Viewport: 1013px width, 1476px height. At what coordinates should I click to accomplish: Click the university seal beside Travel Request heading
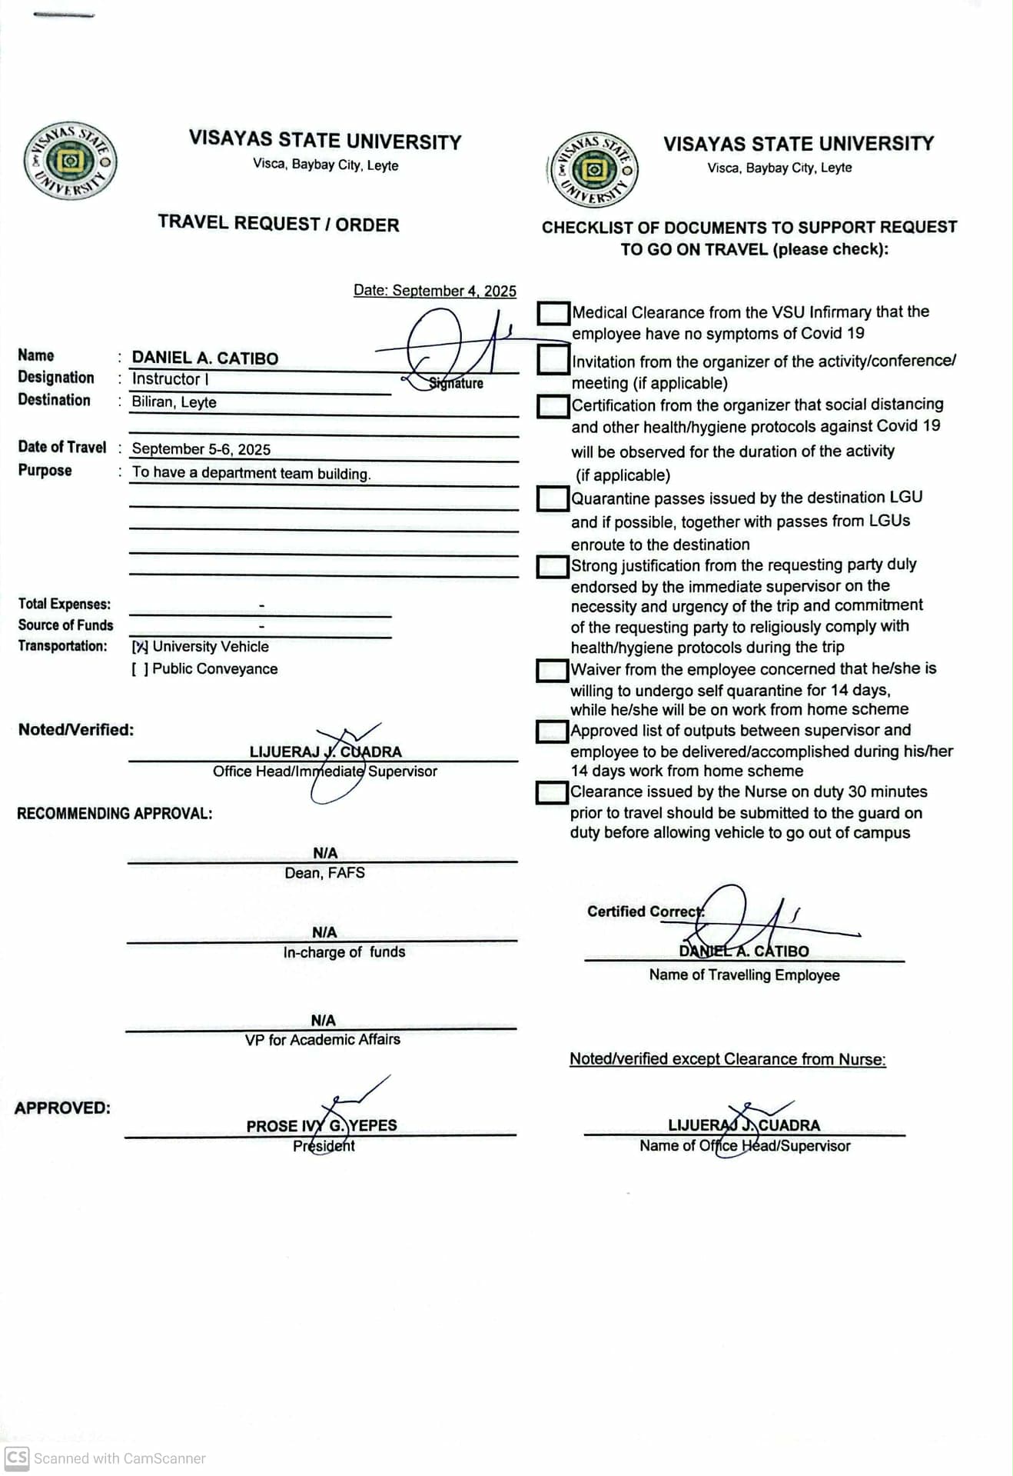70,161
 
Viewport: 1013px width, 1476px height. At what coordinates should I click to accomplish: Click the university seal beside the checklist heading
593,170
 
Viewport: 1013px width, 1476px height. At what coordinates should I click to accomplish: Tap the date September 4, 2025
435,291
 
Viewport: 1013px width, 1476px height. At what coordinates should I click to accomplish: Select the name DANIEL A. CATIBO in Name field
205,358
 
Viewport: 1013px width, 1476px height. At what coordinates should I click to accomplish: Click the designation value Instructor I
170,379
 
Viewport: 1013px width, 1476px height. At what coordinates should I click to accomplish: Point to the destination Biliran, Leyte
174,402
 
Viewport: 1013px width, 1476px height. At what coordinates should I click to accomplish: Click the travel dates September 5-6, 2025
201,449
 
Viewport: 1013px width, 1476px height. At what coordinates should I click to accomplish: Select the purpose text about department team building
251,474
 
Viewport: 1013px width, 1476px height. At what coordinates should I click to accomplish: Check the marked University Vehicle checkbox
140,647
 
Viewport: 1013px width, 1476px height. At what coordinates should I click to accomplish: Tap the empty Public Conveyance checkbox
140,669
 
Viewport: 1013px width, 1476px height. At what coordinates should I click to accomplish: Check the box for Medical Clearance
553,313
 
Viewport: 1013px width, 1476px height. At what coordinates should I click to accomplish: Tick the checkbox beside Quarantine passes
552,498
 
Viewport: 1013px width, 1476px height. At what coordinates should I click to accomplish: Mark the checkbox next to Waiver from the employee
551,670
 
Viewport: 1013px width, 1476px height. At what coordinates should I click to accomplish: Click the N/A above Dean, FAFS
325,853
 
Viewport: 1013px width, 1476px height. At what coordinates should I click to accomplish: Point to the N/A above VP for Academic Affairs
323,1021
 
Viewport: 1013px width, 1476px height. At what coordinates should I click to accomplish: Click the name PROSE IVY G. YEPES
321,1125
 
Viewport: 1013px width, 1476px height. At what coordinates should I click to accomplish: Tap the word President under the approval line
324,1146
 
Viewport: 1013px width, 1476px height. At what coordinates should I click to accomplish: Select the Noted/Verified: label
76,730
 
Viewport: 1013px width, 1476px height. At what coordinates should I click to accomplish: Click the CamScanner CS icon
17,1458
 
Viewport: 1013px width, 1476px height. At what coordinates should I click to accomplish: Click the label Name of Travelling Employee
744,975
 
